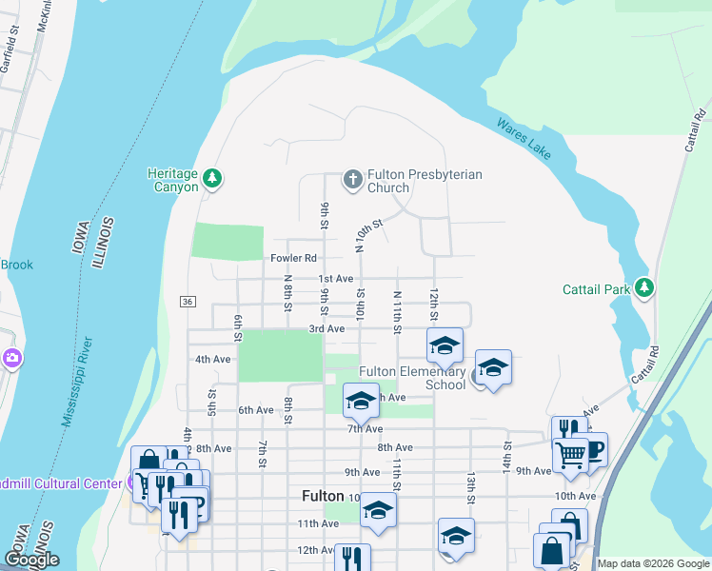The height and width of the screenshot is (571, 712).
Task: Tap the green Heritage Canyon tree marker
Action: tap(213, 178)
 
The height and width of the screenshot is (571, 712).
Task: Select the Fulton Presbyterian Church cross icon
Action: tap(353, 179)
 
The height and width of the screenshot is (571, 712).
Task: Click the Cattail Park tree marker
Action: tap(645, 287)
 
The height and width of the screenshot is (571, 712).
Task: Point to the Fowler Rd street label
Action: tap(293, 258)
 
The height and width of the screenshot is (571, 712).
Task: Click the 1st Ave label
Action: tap(335, 279)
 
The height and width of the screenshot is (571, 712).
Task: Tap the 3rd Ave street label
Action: tap(326, 328)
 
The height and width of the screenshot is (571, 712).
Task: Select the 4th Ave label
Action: tap(213, 360)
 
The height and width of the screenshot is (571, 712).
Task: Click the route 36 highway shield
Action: tap(187, 302)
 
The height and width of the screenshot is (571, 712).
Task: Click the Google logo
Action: tap(31, 560)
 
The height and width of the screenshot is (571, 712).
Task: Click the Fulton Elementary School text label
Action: tap(412, 378)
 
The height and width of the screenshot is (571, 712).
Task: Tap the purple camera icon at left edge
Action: tap(13, 359)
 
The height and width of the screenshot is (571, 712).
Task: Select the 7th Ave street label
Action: tap(365, 429)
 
